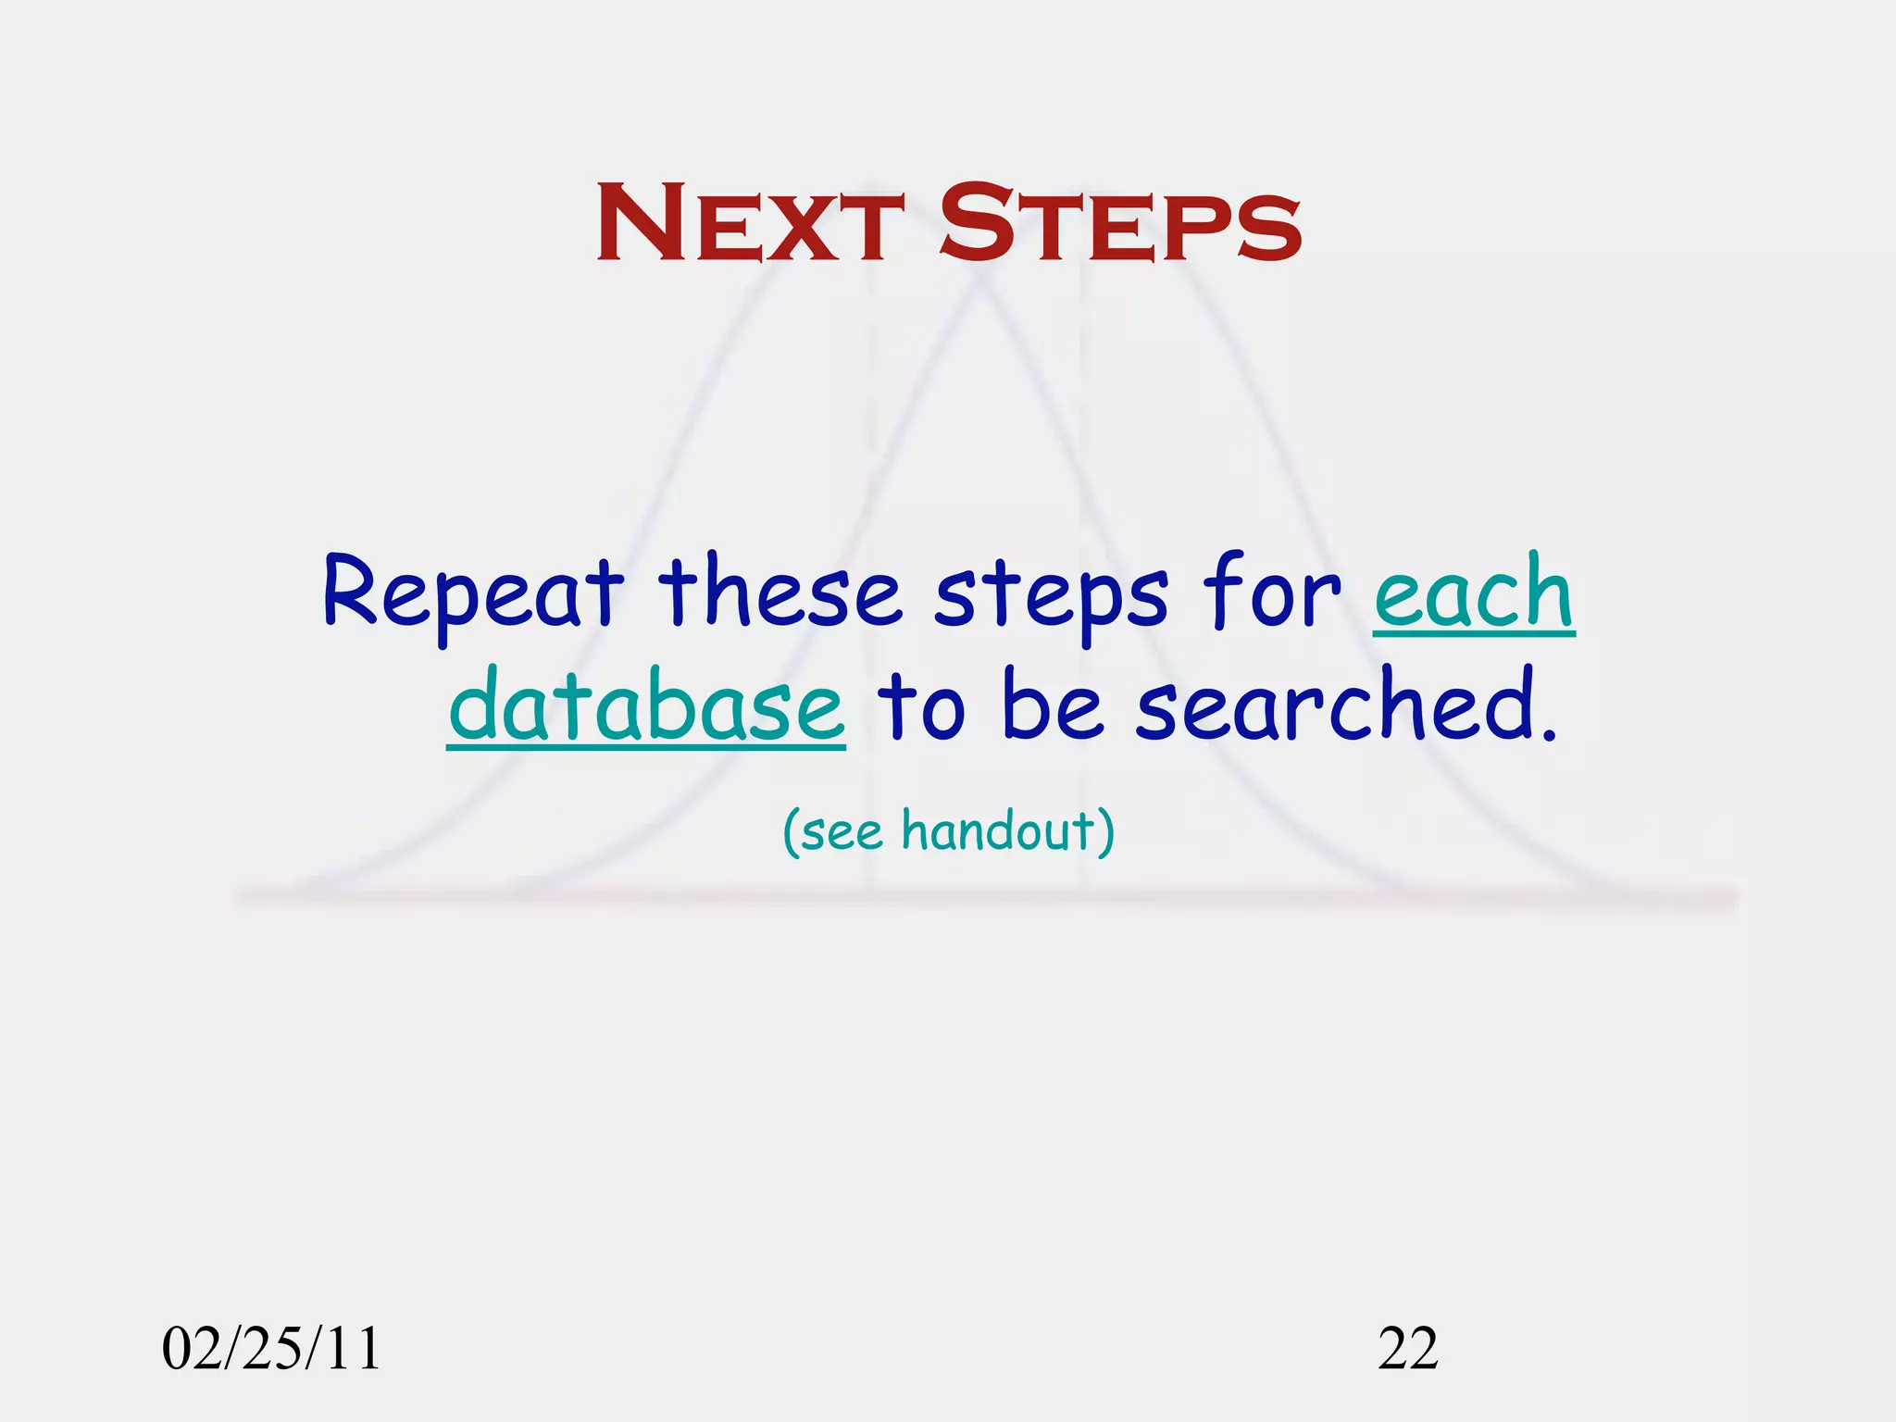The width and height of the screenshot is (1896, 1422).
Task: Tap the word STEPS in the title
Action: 1120,224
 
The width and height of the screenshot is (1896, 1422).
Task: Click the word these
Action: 780,592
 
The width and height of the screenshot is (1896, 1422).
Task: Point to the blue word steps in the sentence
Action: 1052,597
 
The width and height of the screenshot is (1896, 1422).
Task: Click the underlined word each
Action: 1474,592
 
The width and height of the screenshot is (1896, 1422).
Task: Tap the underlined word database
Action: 646,705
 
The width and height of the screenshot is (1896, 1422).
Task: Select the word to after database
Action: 921,708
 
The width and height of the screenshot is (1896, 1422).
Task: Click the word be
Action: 1053,705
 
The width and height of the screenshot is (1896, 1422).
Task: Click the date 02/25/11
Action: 271,1348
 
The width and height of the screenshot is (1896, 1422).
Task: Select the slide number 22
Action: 1408,1348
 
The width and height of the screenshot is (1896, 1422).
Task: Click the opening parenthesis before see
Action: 792,832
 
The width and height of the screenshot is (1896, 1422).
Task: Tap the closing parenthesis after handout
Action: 1105,832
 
